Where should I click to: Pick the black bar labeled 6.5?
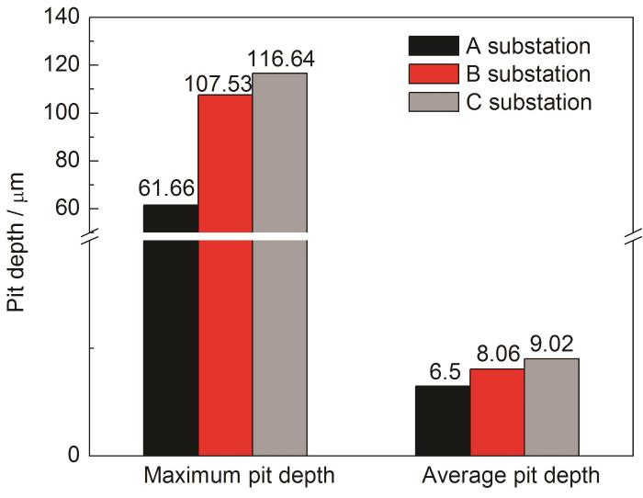click(443, 420)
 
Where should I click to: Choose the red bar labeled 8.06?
click(497, 412)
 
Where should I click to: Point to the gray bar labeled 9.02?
click(551, 406)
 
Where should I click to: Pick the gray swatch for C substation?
click(434, 102)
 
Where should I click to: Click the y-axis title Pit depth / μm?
click(19, 242)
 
